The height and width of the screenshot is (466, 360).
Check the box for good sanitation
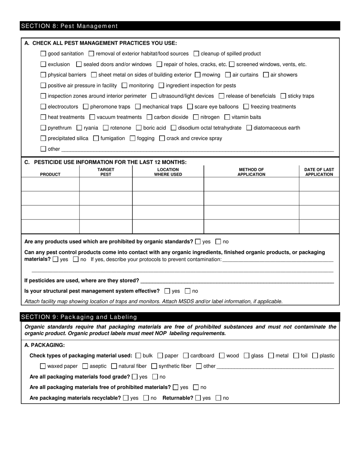pos(43,54)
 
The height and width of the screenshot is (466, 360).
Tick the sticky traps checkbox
pos(283,96)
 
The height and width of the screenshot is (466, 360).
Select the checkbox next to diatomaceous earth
pos(249,128)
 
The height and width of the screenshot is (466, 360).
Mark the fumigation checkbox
pos(96,139)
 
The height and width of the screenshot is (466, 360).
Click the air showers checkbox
pos(266,75)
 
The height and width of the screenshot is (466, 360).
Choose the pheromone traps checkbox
pos(85,107)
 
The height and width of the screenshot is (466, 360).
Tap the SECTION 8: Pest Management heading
pos(70,26)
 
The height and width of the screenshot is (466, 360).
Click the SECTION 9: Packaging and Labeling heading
pos(79,317)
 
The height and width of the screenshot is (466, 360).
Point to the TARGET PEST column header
pos(106,172)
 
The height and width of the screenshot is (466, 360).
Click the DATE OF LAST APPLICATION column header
pos(319,172)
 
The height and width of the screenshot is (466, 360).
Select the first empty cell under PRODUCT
pos(50,185)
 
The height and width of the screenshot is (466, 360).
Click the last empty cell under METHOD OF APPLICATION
pos(251,227)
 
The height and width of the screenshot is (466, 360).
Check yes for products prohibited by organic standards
pos(198,242)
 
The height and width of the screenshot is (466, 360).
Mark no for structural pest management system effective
pos(188,291)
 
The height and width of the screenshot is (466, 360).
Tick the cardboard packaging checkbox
pos(186,356)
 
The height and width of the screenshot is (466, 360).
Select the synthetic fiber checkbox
pos(154,366)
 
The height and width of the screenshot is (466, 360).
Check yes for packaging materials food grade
pos(135,377)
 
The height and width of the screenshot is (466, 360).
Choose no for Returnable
pos(218,398)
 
